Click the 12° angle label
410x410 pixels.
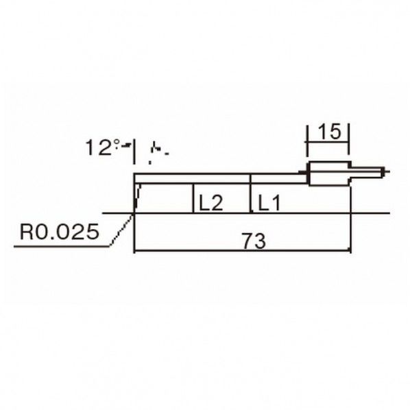point(103,147)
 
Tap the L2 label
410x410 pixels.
point(211,203)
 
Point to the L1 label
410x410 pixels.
point(269,203)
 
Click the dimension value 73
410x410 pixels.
point(254,241)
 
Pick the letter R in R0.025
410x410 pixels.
point(27,232)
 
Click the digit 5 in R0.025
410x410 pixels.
point(92,232)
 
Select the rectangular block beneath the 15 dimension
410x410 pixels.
point(330,173)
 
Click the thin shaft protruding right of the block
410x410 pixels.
point(366,172)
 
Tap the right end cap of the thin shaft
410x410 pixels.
point(383,172)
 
